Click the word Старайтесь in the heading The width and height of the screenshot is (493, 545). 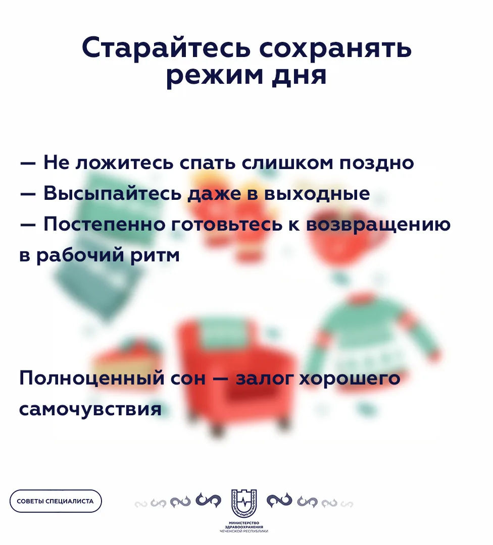pyautogui.click(x=166, y=47)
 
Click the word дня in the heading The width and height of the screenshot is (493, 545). pyautogui.click(x=299, y=76)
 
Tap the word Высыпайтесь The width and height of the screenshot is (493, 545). pyautogui.click(x=112, y=194)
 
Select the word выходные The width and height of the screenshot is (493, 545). pyautogui.click(x=317, y=194)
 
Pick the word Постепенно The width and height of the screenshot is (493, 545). pyautogui.click(x=105, y=224)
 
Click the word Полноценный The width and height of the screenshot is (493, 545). pyautogui.click(x=92, y=378)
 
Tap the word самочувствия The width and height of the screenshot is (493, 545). pyautogui.click(x=90, y=409)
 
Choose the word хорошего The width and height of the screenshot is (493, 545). pyautogui.click(x=350, y=378)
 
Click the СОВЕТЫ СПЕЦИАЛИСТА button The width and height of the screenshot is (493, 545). pyautogui.click(x=56, y=501)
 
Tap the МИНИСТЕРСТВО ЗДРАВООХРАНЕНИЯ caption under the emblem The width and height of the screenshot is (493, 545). pyautogui.click(x=244, y=527)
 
